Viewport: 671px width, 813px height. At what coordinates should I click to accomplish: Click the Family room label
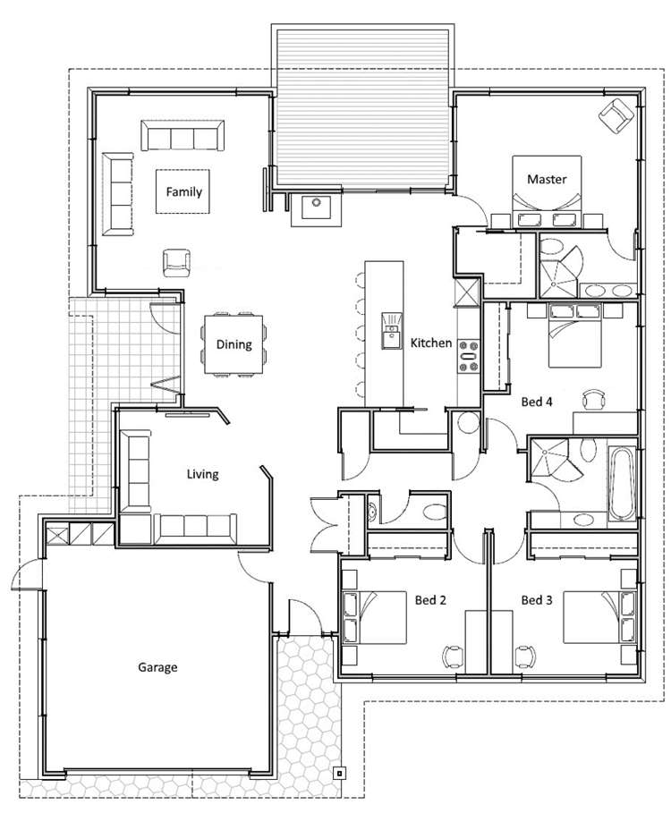click(x=183, y=191)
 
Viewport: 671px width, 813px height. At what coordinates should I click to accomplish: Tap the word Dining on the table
click(x=234, y=344)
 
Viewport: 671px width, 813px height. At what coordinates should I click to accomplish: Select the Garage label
click(x=157, y=667)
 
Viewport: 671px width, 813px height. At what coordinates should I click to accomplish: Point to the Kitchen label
click(x=431, y=343)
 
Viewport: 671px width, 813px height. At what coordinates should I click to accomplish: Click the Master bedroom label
click(x=547, y=180)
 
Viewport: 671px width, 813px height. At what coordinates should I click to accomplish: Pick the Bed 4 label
click(x=537, y=402)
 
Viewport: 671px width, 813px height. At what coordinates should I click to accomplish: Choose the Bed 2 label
click(x=430, y=600)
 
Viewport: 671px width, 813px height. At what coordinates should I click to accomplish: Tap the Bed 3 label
click(x=537, y=600)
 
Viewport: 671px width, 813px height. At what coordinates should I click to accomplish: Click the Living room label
click(x=202, y=474)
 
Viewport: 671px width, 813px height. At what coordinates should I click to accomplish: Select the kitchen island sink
click(x=392, y=331)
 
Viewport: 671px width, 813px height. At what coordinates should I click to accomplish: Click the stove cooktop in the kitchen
click(x=468, y=356)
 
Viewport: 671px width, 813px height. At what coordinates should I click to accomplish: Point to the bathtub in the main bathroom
click(x=621, y=483)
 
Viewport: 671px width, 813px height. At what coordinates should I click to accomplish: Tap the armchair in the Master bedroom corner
click(x=616, y=115)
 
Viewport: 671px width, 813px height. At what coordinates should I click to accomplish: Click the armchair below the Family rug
click(x=176, y=263)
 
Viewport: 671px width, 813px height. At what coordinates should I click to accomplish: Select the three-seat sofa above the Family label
click(x=183, y=136)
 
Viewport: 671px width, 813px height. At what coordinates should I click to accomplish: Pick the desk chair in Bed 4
click(x=594, y=399)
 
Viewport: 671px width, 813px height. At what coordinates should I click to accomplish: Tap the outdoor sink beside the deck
click(x=317, y=207)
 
